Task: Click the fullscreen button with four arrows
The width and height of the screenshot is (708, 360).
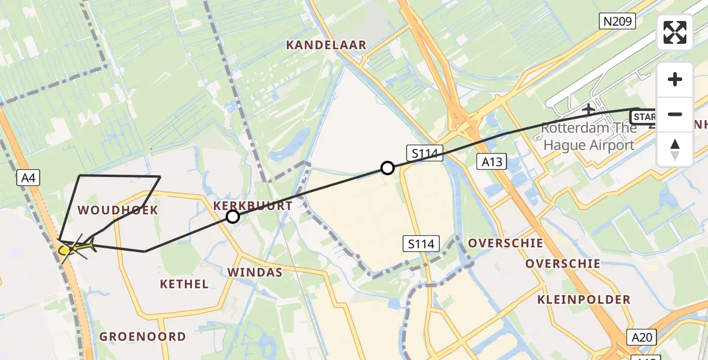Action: [675, 32]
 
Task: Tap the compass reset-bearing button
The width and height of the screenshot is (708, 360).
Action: [675, 149]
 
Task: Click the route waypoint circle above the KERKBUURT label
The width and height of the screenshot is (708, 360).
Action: [233, 217]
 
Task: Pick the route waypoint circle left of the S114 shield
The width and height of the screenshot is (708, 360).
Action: [388, 168]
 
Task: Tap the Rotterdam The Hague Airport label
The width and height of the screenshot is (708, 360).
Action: [588, 136]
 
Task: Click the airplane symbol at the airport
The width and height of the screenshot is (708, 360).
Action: [589, 109]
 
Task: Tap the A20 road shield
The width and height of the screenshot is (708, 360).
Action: [641, 337]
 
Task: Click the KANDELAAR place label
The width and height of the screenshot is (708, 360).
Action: [326, 45]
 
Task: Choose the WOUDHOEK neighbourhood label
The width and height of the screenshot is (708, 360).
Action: [118, 210]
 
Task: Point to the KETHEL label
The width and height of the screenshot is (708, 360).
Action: [184, 284]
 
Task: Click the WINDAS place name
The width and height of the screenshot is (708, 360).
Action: [254, 272]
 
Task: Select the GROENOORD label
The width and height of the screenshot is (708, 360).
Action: [143, 337]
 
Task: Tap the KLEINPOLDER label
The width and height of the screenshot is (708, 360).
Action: [584, 299]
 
